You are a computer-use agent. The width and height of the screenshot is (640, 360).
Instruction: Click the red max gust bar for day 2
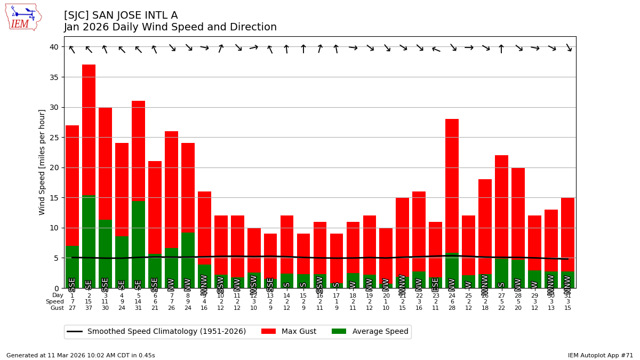[x=89, y=128]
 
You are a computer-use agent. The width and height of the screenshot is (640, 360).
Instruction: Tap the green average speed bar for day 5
[x=138, y=240]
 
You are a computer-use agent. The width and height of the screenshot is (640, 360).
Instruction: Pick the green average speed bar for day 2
[x=89, y=240]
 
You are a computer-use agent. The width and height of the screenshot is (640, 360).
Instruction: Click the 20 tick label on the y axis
[x=54, y=167]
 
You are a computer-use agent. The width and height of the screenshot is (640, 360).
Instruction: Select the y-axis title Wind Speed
[x=42, y=162]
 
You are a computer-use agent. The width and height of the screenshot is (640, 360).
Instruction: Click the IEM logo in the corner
[x=23, y=17]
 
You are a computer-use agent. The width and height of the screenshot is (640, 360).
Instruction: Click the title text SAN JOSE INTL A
[x=121, y=15]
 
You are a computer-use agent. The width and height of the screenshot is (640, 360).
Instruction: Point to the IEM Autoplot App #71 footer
[x=601, y=355]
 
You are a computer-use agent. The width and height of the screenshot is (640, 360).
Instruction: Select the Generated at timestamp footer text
[x=81, y=355]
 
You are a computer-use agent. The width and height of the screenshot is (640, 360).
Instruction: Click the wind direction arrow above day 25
[x=469, y=47]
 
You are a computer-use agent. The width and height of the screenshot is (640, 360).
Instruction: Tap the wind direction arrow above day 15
[x=303, y=49]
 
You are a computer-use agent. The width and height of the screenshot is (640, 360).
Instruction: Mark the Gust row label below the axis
[x=57, y=308]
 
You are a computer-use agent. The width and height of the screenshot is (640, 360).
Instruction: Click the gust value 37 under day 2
[x=89, y=308]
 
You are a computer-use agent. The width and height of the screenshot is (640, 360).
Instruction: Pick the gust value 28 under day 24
[x=452, y=308]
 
